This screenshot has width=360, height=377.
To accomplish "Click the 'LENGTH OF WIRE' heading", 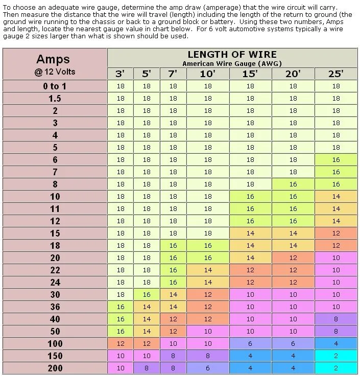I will [232, 55].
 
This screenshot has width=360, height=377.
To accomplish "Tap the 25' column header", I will [335, 74].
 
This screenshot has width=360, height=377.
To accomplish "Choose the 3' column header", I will [120, 74].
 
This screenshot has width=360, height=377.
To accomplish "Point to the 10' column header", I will [207, 74].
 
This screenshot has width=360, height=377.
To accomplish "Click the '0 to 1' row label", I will [55, 86].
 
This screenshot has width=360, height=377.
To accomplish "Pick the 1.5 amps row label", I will [55, 99].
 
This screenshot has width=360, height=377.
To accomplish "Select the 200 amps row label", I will [55, 368].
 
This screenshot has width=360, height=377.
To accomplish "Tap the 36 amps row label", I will [55, 307].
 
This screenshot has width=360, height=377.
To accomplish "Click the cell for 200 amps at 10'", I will [207, 368].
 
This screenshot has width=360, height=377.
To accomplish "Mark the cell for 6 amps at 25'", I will [335, 160].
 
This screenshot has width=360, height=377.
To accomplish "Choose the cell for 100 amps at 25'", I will [335, 344].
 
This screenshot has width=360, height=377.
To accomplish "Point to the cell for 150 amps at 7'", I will [173, 356].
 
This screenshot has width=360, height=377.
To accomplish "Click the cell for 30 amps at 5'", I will [147, 295].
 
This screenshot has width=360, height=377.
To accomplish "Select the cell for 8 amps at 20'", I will [293, 184].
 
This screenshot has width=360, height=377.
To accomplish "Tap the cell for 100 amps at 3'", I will [120, 344].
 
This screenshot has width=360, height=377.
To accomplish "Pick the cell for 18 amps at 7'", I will [173, 246].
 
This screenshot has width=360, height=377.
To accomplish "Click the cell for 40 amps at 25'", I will [335, 319].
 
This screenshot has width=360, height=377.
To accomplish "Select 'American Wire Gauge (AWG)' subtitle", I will [232, 63].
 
